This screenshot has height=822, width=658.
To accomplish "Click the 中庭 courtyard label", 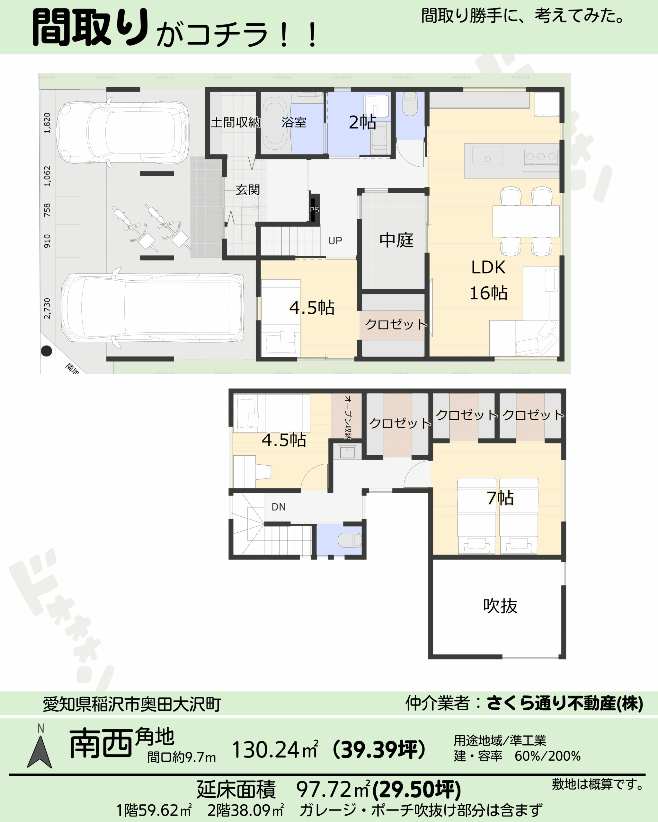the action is [x=396, y=240].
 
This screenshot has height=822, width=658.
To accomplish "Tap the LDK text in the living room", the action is [x=488, y=267].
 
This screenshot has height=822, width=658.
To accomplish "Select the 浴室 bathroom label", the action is [x=294, y=122].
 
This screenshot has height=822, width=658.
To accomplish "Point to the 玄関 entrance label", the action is [x=248, y=189].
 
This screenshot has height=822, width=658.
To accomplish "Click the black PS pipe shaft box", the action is [x=314, y=208].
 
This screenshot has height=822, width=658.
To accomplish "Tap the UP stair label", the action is [x=335, y=240].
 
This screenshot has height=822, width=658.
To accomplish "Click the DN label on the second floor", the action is [x=279, y=507].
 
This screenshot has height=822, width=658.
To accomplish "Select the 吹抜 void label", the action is [x=500, y=606].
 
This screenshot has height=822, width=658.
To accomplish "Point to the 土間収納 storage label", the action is [x=236, y=122].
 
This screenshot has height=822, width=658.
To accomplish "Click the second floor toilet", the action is [x=350, y=540].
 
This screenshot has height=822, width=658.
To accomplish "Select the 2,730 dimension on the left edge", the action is [x=47, y=309].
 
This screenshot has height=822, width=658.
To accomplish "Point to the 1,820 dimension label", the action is [x=47, y=123].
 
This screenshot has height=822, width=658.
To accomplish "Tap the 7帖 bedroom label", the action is [x=500, y=498].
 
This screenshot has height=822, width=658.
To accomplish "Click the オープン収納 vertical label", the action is [x=348, y=417].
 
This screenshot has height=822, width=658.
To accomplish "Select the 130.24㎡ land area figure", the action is [x=275, y=749].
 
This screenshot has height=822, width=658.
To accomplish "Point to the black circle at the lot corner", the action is [x=47, y=351].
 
